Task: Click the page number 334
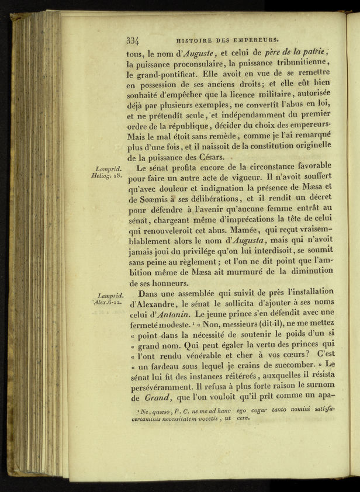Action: tap(133, 40)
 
